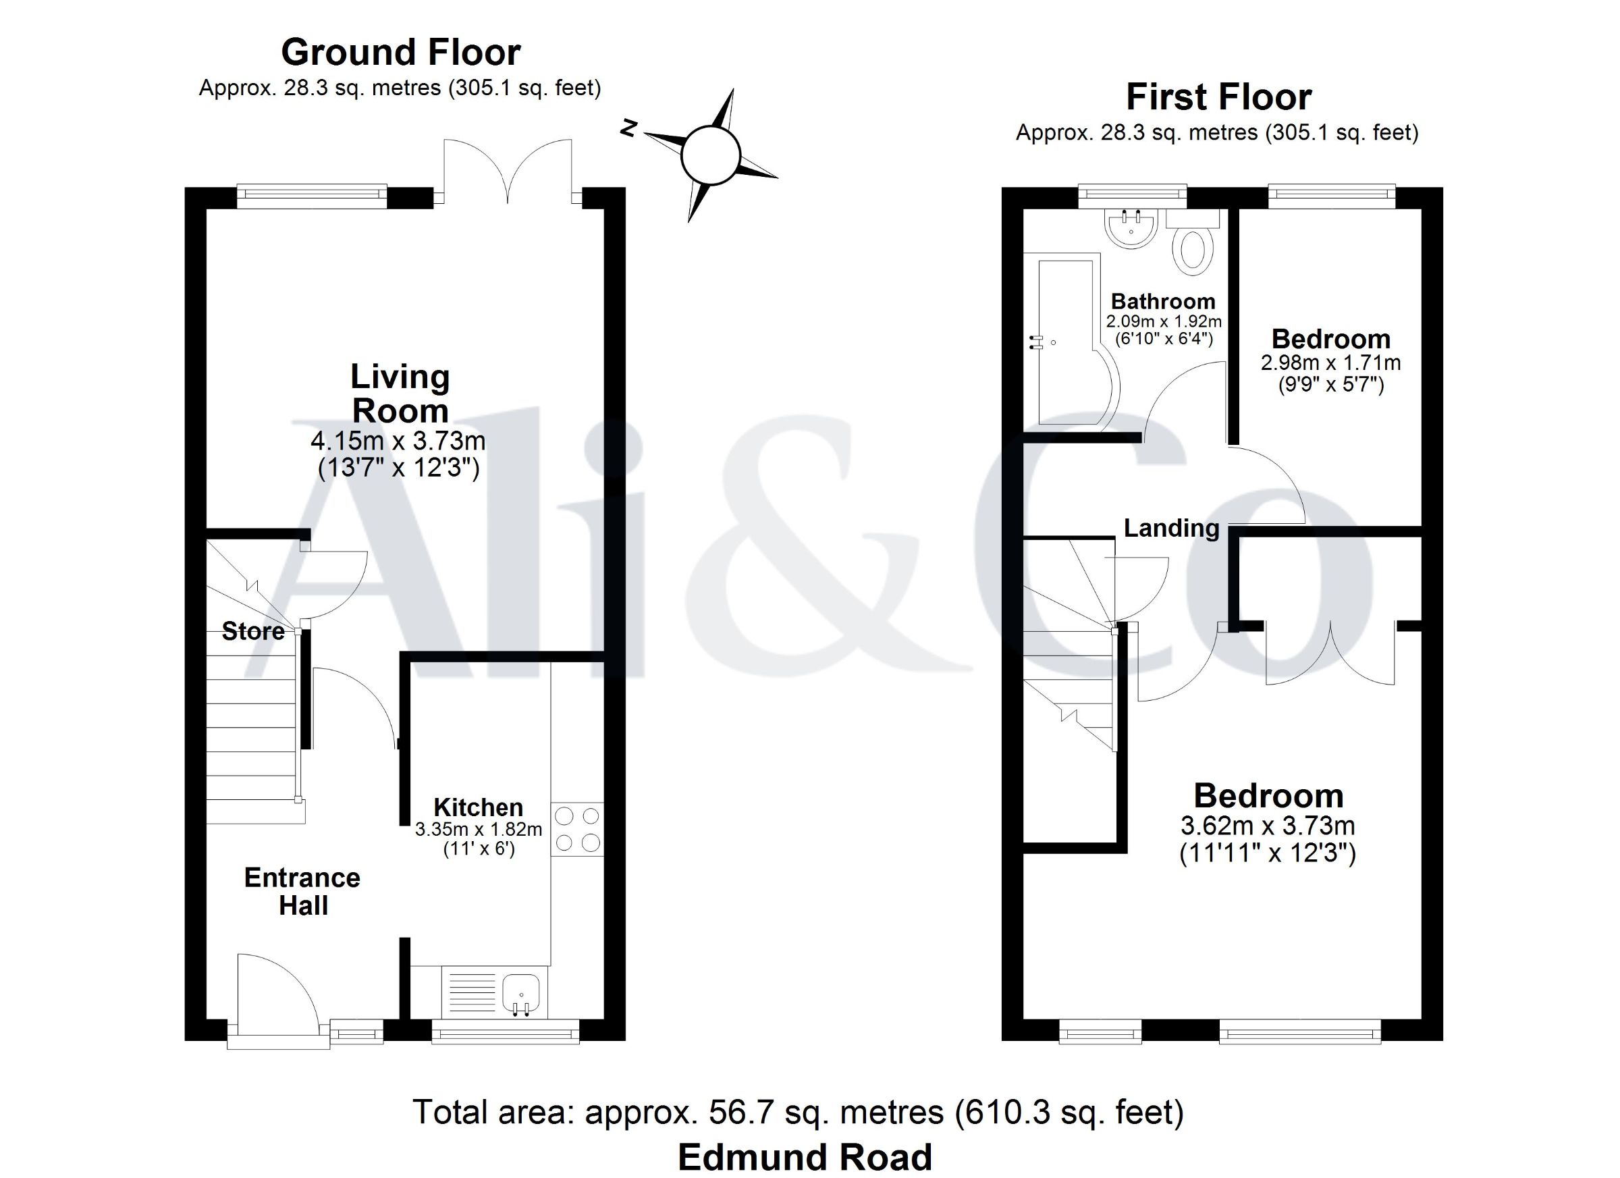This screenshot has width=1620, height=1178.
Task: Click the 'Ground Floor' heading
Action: pos(401,52)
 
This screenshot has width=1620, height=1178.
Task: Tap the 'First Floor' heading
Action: pos(1218,97)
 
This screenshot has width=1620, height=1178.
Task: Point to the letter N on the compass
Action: pos(628,128)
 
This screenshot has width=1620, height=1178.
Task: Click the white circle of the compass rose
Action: pos(709,155)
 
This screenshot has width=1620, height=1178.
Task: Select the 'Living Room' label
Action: pos(400,394)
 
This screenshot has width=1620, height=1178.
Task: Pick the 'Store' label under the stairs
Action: pos(253,631)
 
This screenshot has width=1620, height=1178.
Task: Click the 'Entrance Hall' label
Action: pos(302,892)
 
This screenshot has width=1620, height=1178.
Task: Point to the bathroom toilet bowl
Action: pos(1193,250)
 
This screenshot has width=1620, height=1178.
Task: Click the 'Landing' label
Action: pos(1171,528)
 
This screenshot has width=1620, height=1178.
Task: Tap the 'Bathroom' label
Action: pos(1163,302)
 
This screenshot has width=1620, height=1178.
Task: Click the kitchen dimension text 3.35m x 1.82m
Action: pos(479,830)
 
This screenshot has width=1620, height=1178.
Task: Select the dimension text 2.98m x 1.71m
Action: pos(1330,363)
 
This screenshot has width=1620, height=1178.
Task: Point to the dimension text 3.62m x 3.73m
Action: pos(1268,826)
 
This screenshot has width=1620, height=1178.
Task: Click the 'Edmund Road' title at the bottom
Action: pos(805,1157)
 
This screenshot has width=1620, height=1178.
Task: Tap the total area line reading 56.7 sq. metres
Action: pos(799,1113)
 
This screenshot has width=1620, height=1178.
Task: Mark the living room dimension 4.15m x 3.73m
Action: pos(398,441)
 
